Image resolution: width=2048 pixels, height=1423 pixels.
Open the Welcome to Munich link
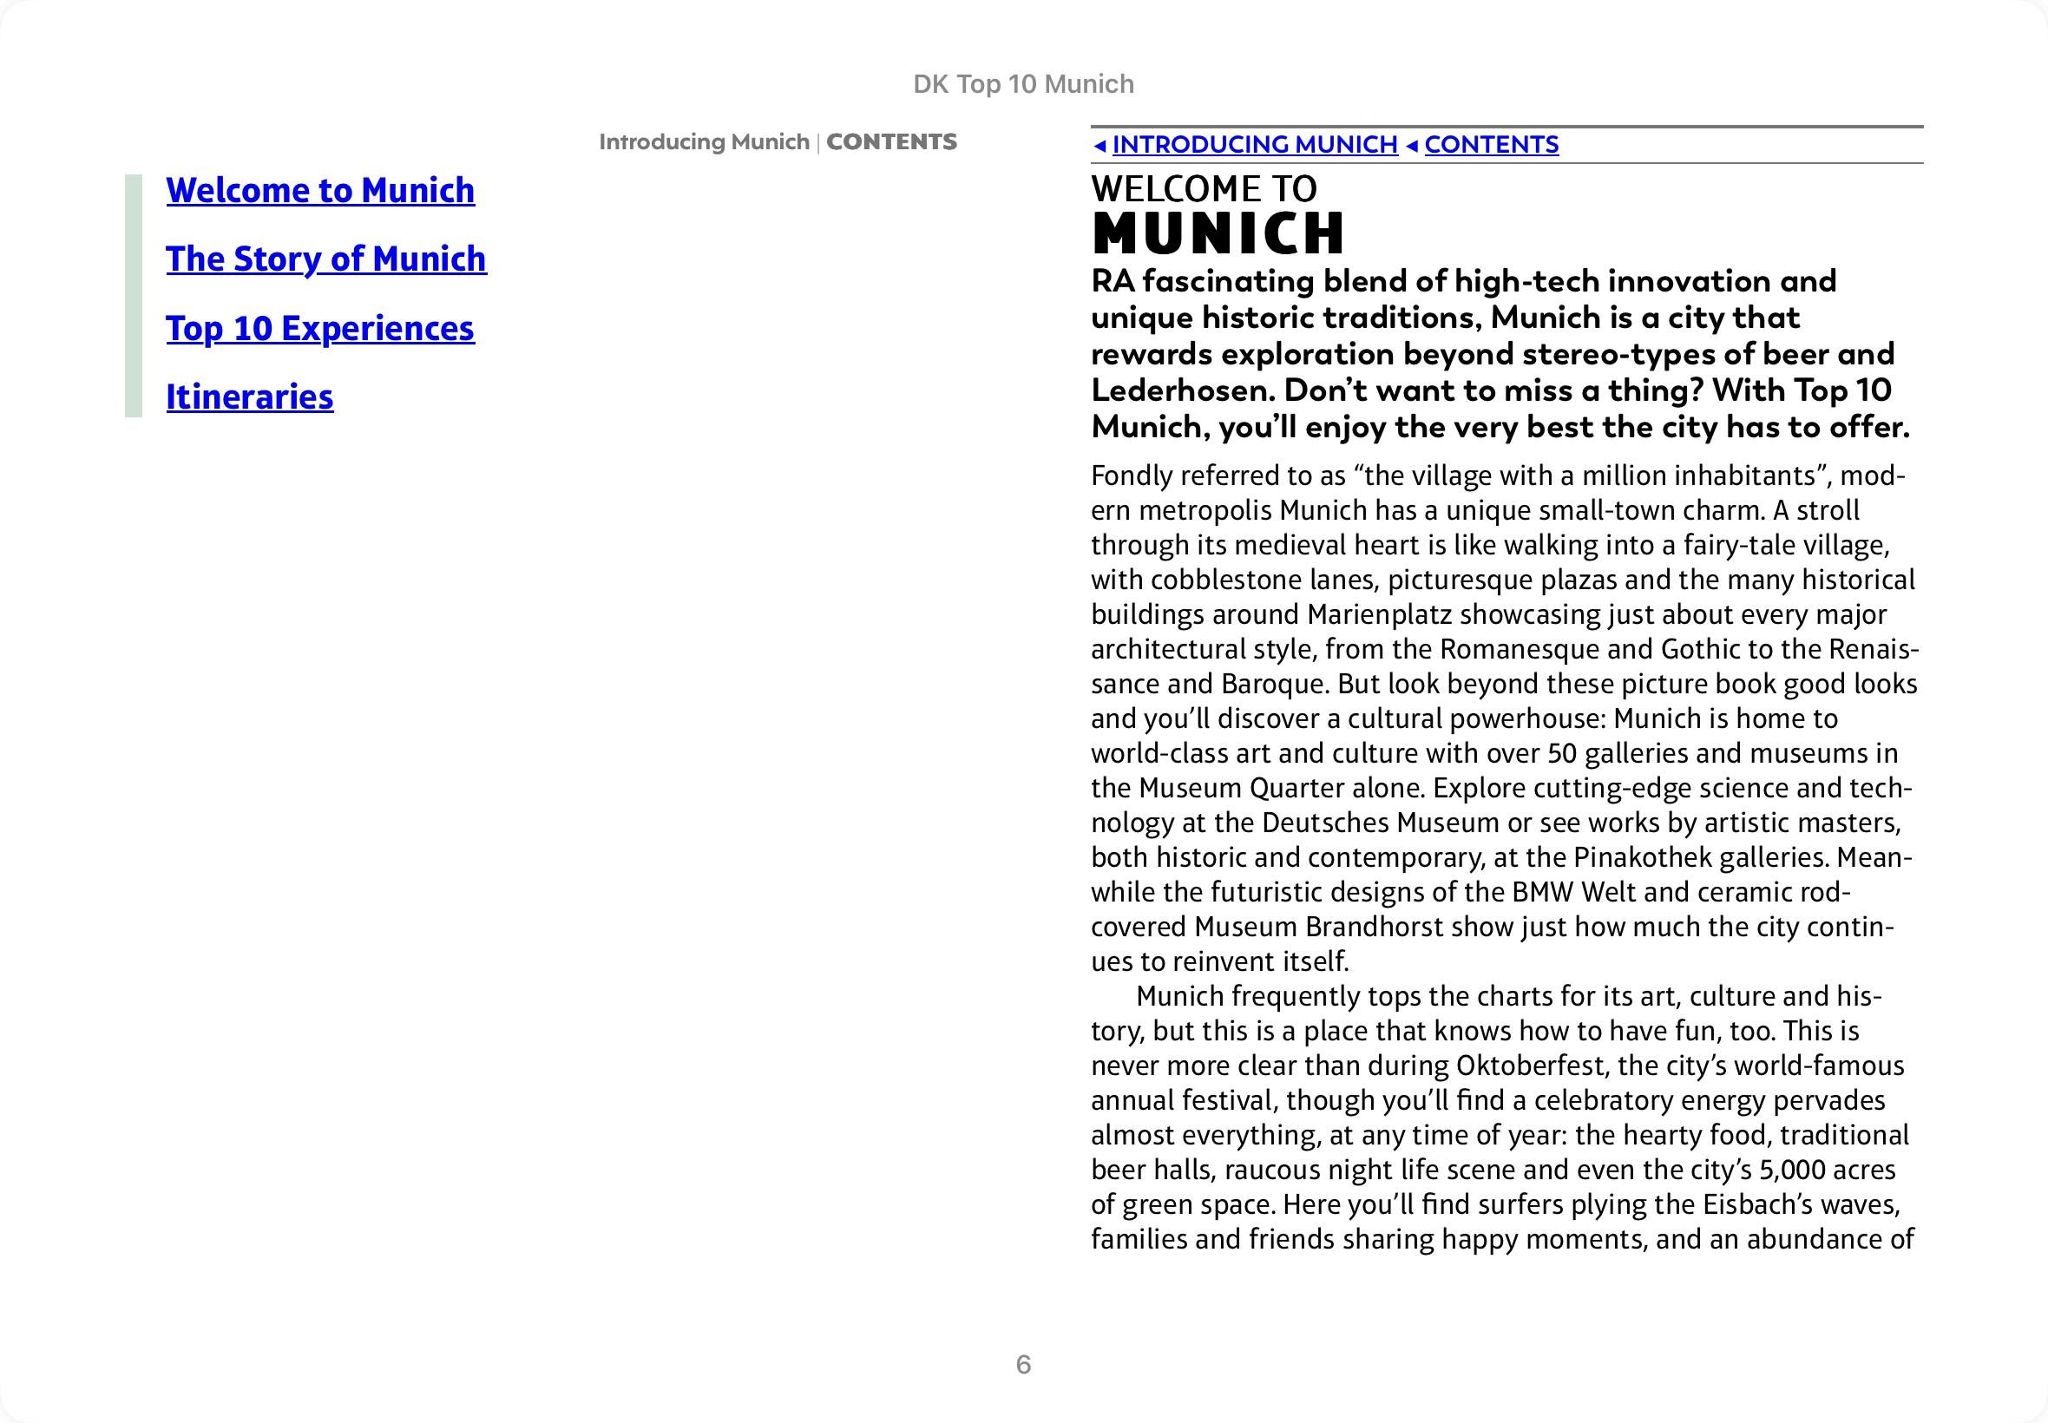click(x=320, y=191)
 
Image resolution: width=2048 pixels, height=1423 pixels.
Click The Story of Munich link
click(x=326, y=259)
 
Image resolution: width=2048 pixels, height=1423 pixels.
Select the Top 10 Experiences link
click(x=320, y=329)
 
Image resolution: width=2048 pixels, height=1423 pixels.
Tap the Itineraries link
click(x=250, y=397)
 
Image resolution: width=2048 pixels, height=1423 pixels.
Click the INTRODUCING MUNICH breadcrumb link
click(x=1255, y=144)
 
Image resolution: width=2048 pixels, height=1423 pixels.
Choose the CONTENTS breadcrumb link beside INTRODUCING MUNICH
click(x=1492, y=144)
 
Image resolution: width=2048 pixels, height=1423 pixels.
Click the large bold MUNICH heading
click(x=1218, y=233)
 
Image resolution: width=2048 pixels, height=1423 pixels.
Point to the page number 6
click(x=1023, y=1364)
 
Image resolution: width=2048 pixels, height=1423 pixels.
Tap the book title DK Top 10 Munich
click(x=1023, y=84)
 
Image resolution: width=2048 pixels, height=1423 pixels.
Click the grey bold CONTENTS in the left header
click(x=891, y=141)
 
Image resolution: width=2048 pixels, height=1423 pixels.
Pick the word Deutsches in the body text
click(x=1325, y=822)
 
